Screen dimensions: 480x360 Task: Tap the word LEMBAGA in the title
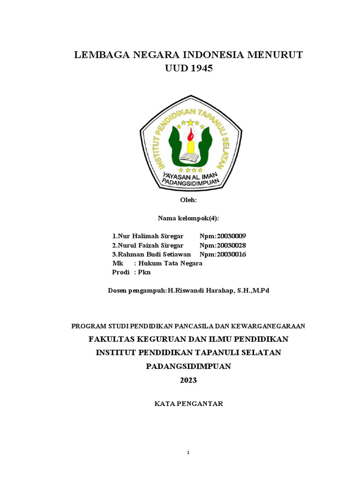pyautogui.click(x=98, y=55)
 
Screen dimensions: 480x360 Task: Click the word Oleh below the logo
pyautogui.click(x=189, y=200)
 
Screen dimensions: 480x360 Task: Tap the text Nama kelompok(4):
pyautogui.click(x=189, y=218)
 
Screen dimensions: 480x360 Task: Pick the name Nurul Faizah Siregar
pyautogui.click(x=148, y=245)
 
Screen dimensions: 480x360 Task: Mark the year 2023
pyautogui.click(x=189, y=380)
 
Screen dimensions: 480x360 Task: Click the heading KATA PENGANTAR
pyautogui.click(x=189, y=404)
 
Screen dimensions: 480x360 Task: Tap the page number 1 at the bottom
pyautogui.click(x=187, y=453)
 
